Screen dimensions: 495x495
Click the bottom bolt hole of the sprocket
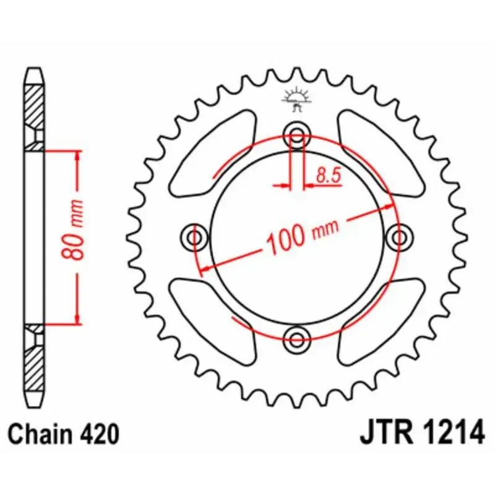pyautogui.click(x=297, y=340)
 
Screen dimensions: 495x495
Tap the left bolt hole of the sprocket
pyautogui.click(x=195, y=238)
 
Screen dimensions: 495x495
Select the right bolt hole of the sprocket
pyautogui.click(x=398, y=238)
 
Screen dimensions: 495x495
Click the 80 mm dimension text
pyautogui.click(x=72, y=230)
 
